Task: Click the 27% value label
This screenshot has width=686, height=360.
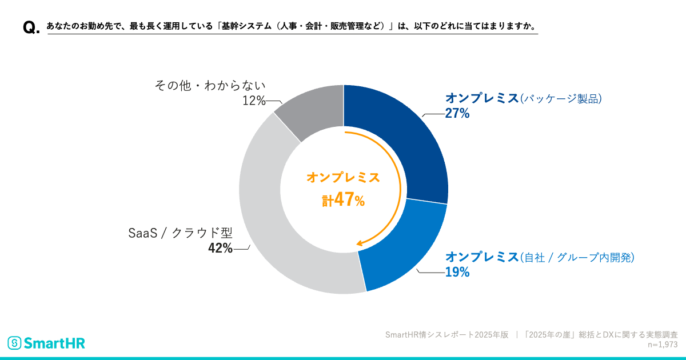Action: (x=457, y=114)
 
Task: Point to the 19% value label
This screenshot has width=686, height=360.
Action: (x=457, y=272)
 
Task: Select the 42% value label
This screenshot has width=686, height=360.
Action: (x=220, y=248)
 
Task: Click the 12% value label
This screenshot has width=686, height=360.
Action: (x=254, y=101)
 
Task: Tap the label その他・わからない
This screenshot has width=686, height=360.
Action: (x=210, y=86)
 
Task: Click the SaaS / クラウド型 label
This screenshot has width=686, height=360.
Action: (x=180, y=233)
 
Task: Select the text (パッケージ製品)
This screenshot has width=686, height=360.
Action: (x=561, y=98)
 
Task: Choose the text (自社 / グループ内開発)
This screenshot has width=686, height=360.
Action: (x=577, y=257)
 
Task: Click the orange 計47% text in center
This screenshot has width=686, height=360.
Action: (x=343, y=200)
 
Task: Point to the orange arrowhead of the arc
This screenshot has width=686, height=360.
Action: (x=360, y=244)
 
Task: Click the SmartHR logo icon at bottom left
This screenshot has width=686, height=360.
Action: (x=14, y=343)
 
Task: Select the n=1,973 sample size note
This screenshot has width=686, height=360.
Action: (x=663, y=345)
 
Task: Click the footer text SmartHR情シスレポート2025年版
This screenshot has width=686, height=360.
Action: (x=446, y=335)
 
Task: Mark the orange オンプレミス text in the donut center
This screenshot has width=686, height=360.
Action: (x=343, y=178)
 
